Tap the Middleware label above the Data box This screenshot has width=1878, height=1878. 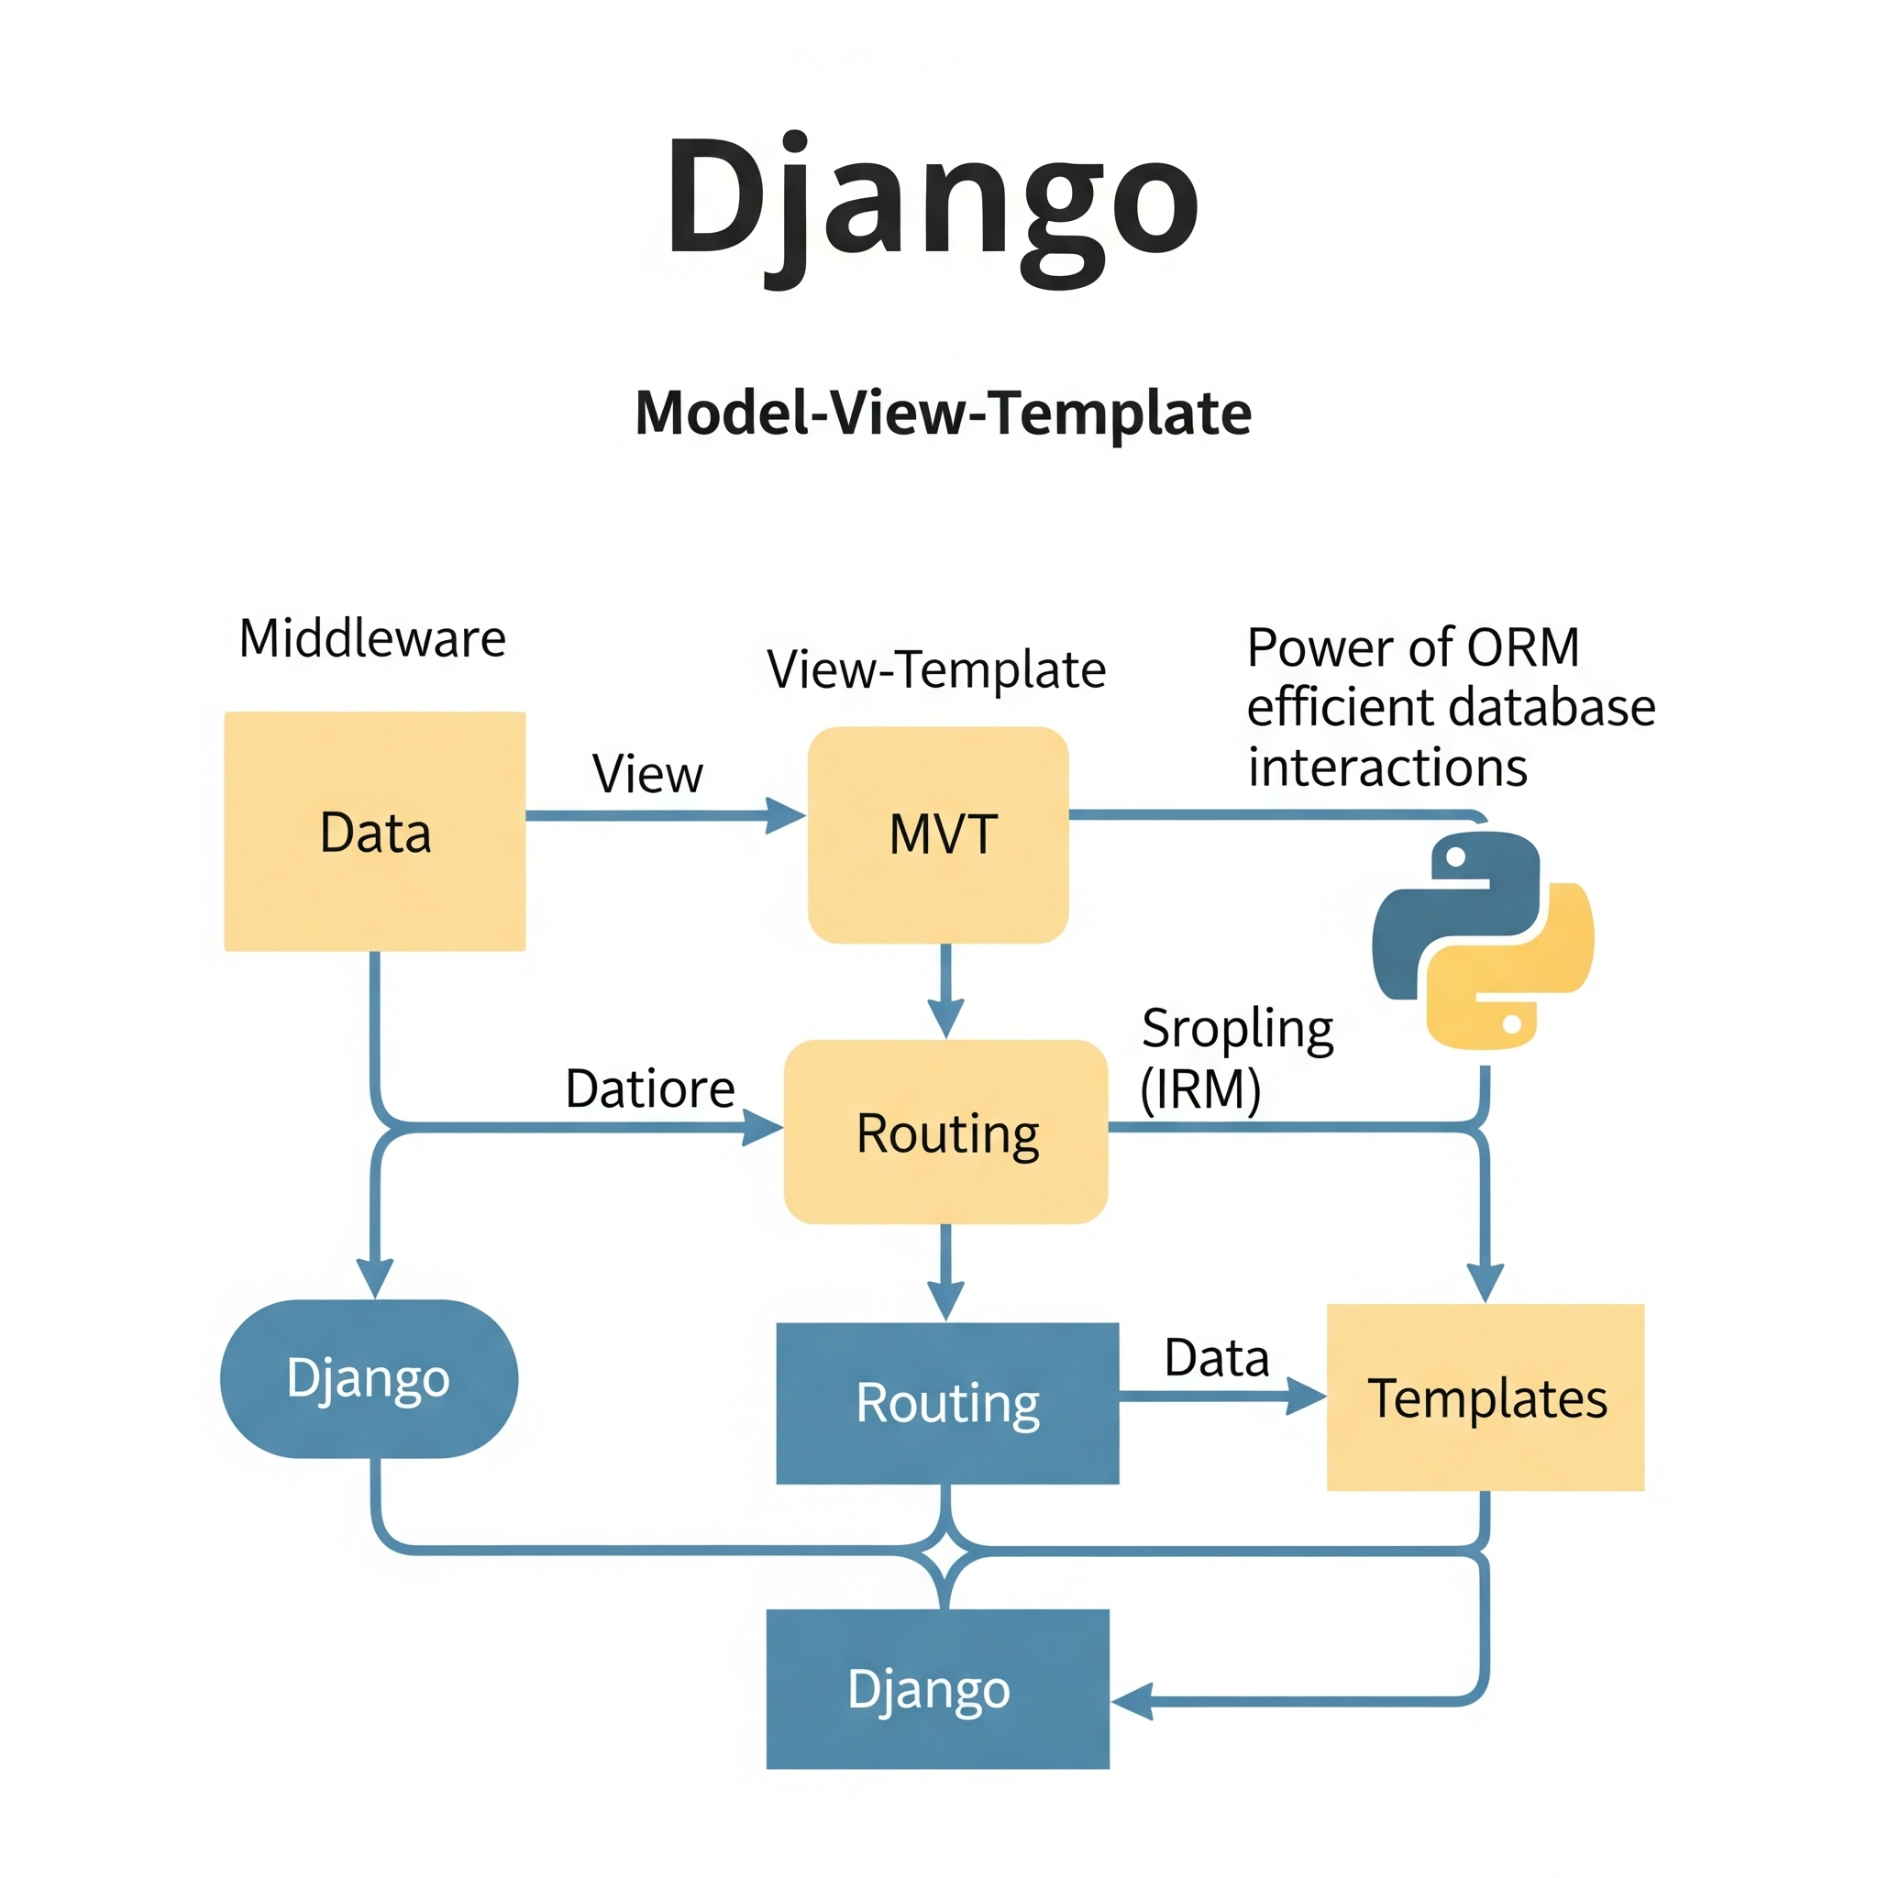(x=372, y=638)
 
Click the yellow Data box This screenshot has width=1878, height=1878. (x=375, y=831)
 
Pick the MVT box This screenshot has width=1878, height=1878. (x=938, y=834)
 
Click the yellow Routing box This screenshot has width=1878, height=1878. (x=945, y=1132)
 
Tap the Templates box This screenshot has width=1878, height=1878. (x=1485, y=1397)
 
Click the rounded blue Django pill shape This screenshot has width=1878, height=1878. (x=369, y=1378)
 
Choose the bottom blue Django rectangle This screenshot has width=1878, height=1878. (x=937, y=1688)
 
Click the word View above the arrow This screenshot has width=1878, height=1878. (x=647, y=775)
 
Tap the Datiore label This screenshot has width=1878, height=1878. (x=649, y=1088)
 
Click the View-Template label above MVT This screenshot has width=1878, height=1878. (x=936, y=669)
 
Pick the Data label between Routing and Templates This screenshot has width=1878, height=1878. (x=1216, y=1358)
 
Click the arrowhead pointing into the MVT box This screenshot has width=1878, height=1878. (x=787, y=814)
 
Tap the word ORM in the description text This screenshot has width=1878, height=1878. (x=1522, y=647)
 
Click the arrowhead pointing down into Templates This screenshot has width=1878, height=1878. (x=1485, y=1282)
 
